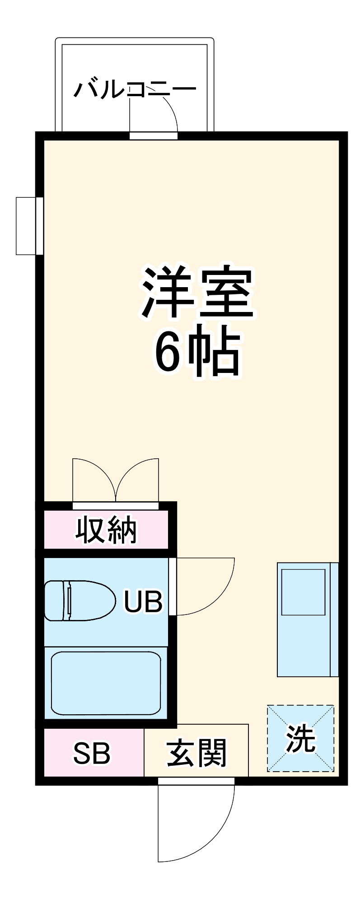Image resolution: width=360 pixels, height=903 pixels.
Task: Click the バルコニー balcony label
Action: (135, 89)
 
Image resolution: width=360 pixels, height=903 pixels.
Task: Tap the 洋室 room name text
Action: (197, 293)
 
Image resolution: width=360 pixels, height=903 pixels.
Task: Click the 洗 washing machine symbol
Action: (300, 739)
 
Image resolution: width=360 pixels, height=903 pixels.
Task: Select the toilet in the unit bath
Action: (77, 600)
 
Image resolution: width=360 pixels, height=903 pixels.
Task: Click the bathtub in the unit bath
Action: (106, 683)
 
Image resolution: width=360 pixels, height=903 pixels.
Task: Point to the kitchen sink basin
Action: (303, 592)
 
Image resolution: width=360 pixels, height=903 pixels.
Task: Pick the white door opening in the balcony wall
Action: (154, 136)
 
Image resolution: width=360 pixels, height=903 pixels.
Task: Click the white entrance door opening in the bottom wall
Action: (196, 781)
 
